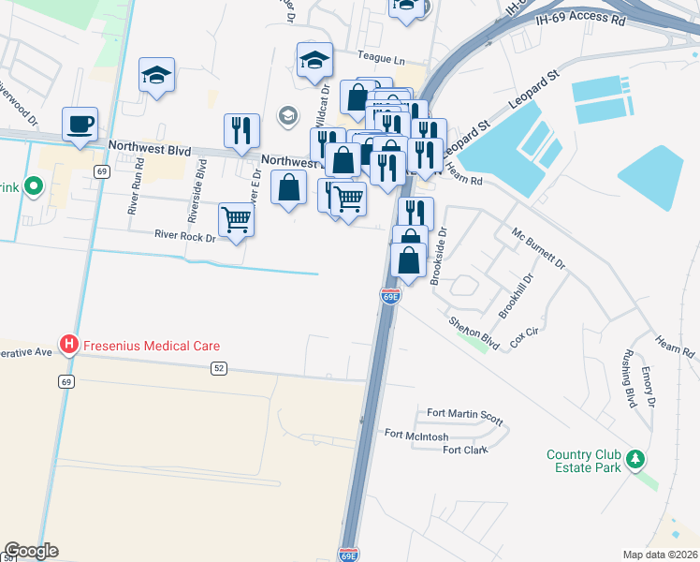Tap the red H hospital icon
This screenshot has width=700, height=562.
coord(68,346)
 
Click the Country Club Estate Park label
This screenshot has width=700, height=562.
coord(583,462)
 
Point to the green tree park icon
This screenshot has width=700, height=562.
coord(635,459)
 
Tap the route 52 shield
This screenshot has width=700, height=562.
coord(218,369)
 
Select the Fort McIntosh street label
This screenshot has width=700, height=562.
coord(416,435)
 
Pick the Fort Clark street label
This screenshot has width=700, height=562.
coord(465,451)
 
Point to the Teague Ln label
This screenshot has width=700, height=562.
coord(381,59)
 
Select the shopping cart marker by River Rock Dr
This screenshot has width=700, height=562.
coord(236,221)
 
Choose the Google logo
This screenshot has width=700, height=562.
coord(31,551)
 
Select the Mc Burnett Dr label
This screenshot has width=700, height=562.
coord(538,247)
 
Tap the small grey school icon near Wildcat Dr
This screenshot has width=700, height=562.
coord(287,116)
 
